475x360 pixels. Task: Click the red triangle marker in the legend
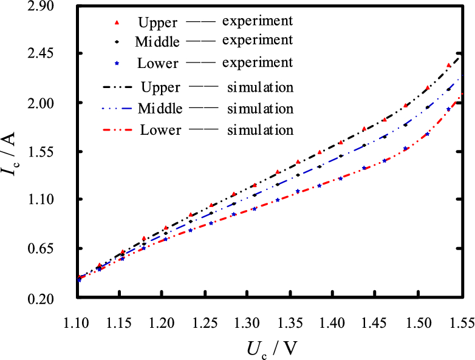pos(117,23)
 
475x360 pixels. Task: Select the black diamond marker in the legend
pos(117,42)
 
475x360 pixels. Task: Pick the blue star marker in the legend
pos(117,63)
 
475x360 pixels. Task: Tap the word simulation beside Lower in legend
pos(261,130)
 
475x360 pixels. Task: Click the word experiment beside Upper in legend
pos(258,21)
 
